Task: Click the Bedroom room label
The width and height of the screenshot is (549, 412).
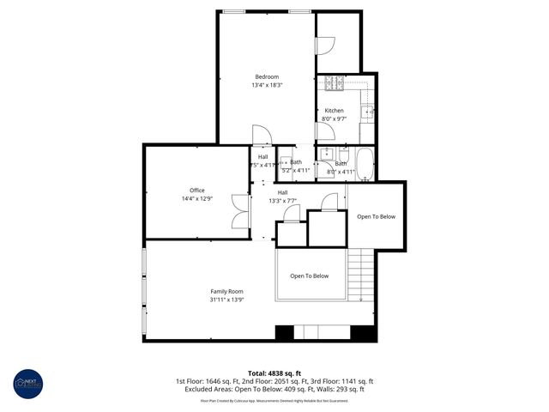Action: point(266,76)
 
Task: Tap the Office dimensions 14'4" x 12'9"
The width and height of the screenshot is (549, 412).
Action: point(197,199)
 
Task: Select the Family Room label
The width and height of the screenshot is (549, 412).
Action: point(226,291)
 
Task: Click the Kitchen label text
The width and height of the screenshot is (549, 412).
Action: point(334,111)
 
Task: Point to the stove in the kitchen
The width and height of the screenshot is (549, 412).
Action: point(332,83)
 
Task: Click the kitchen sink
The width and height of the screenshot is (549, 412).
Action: point(367,111)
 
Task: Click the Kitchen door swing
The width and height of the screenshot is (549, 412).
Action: point(323,131)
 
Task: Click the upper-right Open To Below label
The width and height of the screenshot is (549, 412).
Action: point(376,216)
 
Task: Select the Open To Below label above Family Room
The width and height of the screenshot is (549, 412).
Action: point(309,276)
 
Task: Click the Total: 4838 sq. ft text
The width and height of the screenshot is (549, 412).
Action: point(274,373)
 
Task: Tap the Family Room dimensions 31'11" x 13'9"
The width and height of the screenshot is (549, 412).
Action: point(226,300)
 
